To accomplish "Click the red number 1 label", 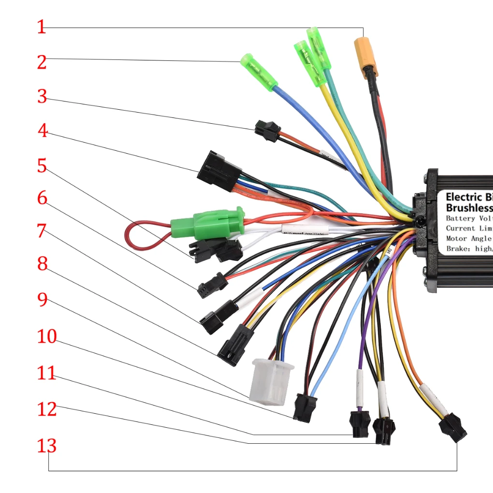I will [42, 27].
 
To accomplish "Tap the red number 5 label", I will [43, 166].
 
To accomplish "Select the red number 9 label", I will [43, 300].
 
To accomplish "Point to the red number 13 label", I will [47, 446].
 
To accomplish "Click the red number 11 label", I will [47, 373].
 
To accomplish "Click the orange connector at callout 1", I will [365, 57].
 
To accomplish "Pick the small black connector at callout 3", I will [267, 130].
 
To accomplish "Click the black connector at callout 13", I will [453, 427].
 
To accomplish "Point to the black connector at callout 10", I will [305, 407].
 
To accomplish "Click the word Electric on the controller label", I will [463, 197].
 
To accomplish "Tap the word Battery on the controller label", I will [460, 218].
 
